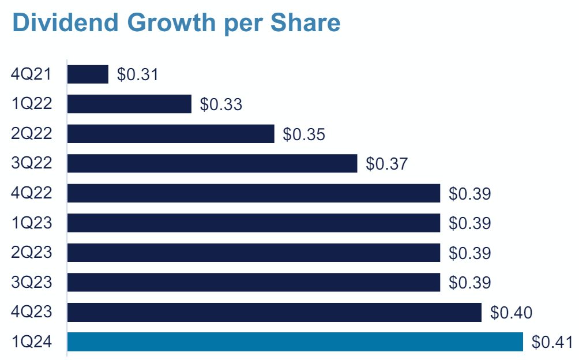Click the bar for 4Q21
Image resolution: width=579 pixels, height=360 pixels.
pyautogui.click(x=88, y=74)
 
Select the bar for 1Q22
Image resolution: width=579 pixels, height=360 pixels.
pyautogui.click(x=129, y=104)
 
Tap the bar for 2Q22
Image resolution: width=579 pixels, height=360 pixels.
pyautogui.click(x=171, y=134)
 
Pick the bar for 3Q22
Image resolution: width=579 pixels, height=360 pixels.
pyautogui.click(x=212, y=163)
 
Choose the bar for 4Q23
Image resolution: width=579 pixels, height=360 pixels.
pyautogui.click(x=275, y=312)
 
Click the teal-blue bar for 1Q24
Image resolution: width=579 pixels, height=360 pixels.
pyautogui.click(x=295, y=342)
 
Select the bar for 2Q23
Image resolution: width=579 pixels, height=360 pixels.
pyautogui.click(x=254, y=253)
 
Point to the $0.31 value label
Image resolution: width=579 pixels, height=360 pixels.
pyautogui.click(x=138, y=74)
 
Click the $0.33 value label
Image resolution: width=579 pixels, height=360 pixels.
pyautogui.click(x=221, y=104)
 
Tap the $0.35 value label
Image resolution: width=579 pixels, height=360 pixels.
pyautogui.click(x=304, y=134)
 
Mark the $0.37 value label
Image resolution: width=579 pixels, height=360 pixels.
pyautogui.click(x=387, y=164)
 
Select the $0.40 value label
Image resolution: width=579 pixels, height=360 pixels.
pyautogui.click(x=511, y=313)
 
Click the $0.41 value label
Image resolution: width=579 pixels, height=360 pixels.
pyautogui.click(x=552, y=342)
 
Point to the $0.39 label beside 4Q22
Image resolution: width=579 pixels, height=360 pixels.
pyautogui.click(x=469, y=194)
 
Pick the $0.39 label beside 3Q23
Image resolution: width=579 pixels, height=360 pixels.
pyautogui.click(x=469, y=283)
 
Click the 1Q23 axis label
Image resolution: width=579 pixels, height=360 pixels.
pyautogui.click(x=32, y=223)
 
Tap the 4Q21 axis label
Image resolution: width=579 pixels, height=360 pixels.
pyautogui.click(x=32, y=74)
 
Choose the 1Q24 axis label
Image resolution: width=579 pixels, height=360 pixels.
pyautogui.click(x=32, y=342)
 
